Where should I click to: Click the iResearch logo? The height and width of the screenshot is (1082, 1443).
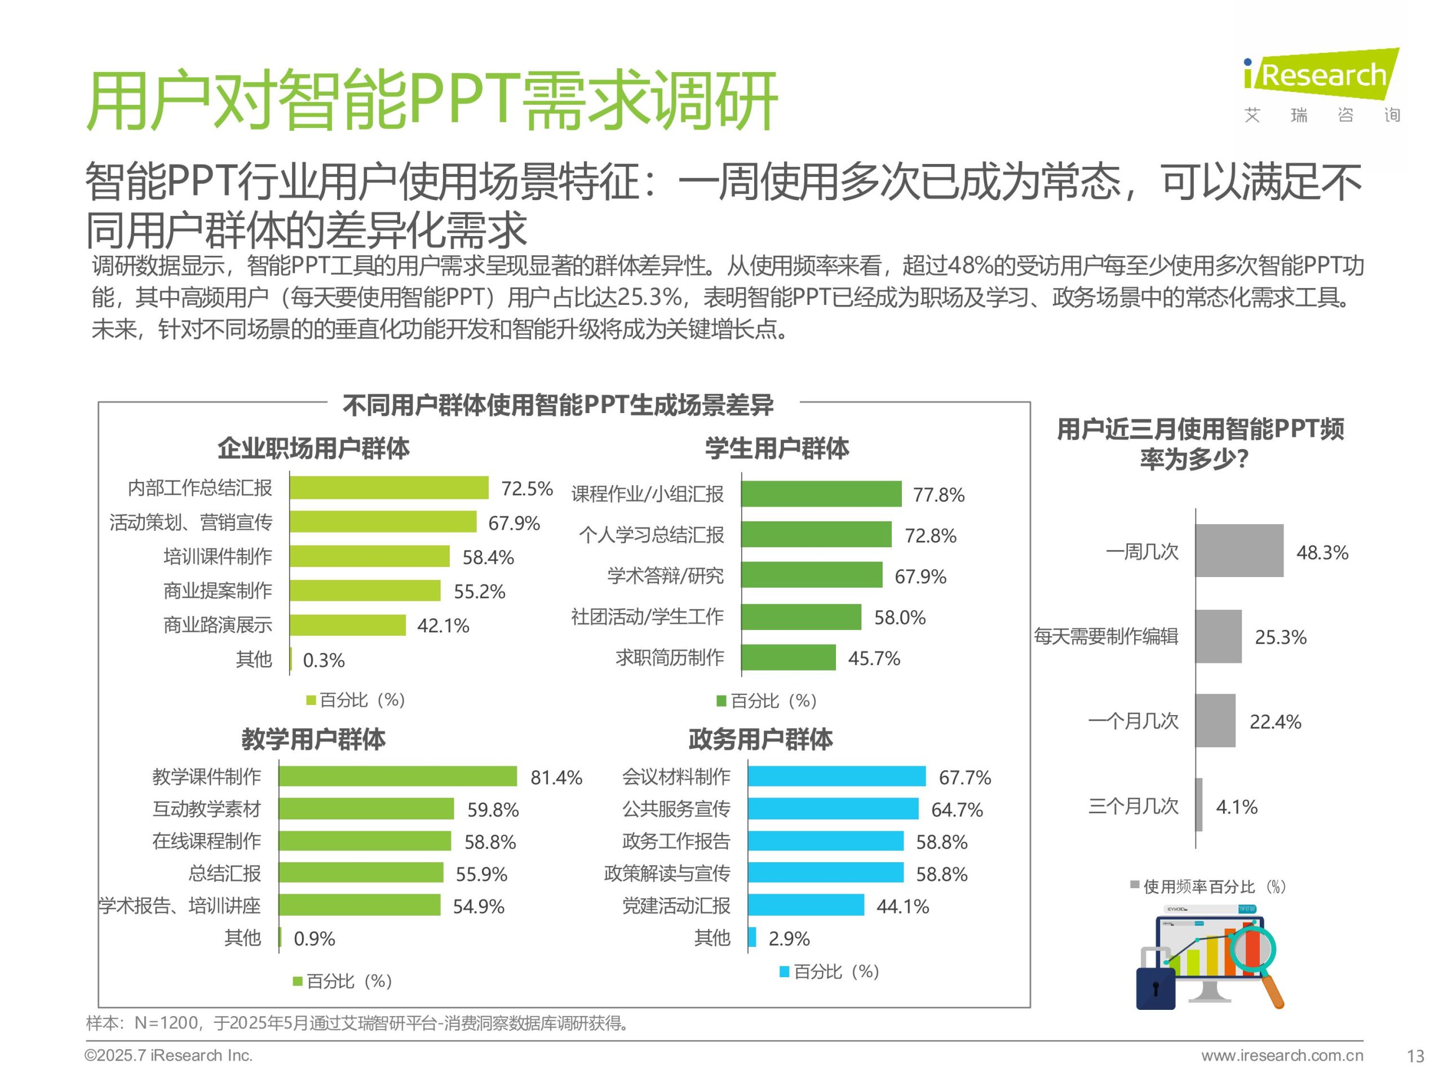tap(1321, 85)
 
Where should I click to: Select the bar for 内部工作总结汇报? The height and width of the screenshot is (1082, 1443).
tap(389, 488)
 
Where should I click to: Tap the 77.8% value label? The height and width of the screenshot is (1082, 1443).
tap(938, 495)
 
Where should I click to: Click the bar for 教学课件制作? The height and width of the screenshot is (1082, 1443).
tap(397, 776)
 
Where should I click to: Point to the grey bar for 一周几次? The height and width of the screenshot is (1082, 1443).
tap(1239, 551)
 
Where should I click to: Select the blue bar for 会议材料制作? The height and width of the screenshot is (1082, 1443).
tap(836, 776)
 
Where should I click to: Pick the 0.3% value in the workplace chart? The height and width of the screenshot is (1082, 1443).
tap(324, 660)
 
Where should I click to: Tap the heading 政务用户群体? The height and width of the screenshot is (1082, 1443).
tap(760, 739)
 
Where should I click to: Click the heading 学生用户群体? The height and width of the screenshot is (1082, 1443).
tap(777, 449)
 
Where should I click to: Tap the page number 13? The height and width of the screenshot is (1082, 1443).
tap(1415, 1056)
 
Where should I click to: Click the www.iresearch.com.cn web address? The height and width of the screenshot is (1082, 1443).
tap(1282, 1056)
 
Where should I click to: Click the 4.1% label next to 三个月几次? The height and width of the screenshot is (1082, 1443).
tap(1236, 807)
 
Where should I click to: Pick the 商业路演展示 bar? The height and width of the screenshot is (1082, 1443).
tap(348, 625)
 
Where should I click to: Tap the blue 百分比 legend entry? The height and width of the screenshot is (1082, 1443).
tap(830, 972)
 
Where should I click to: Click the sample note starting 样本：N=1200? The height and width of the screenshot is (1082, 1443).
tap(357, 1023)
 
